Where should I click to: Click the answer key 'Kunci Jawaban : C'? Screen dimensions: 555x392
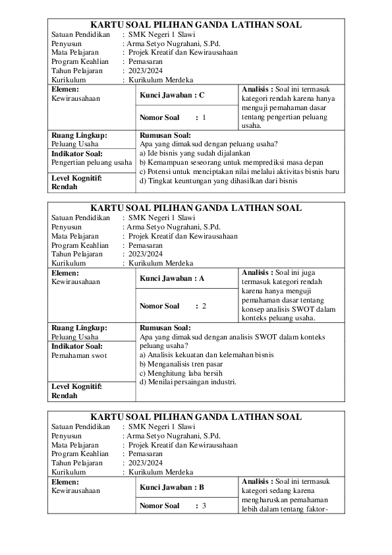click(172, 95)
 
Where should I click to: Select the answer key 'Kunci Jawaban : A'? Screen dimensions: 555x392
click(172, 278)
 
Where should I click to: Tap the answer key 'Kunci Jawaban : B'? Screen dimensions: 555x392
click(172, 488)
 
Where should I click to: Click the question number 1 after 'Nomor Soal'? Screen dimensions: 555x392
click(204, 117)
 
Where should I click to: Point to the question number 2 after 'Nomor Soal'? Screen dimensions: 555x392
click(204, 306)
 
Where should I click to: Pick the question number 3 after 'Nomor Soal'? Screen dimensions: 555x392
click(204, 506)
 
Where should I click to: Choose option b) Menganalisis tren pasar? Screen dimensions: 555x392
click(181, 364)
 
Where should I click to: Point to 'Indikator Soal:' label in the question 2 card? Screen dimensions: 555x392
click(76, 345)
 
